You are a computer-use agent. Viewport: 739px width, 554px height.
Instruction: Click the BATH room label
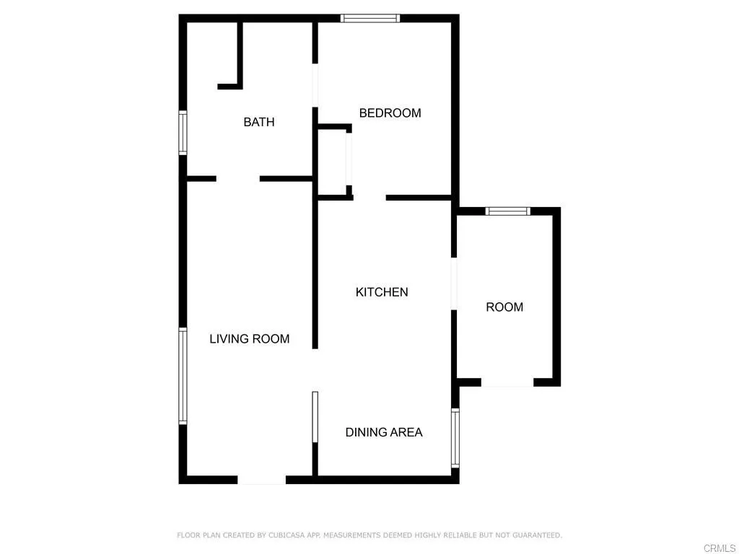click(x=258, y=122)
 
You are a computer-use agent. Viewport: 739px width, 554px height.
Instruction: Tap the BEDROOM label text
click(x=390, y=113)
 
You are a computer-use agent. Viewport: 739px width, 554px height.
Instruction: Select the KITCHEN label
click(x=382, y=292)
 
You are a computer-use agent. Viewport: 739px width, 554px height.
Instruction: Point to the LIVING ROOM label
click(x=249, y=338)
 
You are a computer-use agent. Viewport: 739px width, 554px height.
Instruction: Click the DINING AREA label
click(x=383, y=432)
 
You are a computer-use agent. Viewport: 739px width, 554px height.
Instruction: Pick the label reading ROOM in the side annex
click(x=504, y=307)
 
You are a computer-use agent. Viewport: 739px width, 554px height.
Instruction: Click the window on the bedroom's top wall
click(x=369, y=18)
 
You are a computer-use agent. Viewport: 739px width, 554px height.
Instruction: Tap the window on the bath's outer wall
click(x=183, y=133)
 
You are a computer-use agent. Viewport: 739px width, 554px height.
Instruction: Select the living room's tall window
click(x=183, y=376)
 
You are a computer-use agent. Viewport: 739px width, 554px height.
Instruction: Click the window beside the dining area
click(x=455, y=438)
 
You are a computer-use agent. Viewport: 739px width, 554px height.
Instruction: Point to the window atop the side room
click(x=507, y=211)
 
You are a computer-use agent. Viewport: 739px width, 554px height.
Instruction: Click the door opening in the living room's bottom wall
click(x=261, y=480)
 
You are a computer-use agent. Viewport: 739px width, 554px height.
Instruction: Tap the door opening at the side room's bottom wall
click(x=507, y=382)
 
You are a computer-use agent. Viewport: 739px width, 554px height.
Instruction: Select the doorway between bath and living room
click(x=237, y=178)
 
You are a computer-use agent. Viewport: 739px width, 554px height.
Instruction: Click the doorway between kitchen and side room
click(x=454, y=283)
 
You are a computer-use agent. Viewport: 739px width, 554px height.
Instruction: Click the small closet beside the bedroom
click(x=332, y=162)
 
